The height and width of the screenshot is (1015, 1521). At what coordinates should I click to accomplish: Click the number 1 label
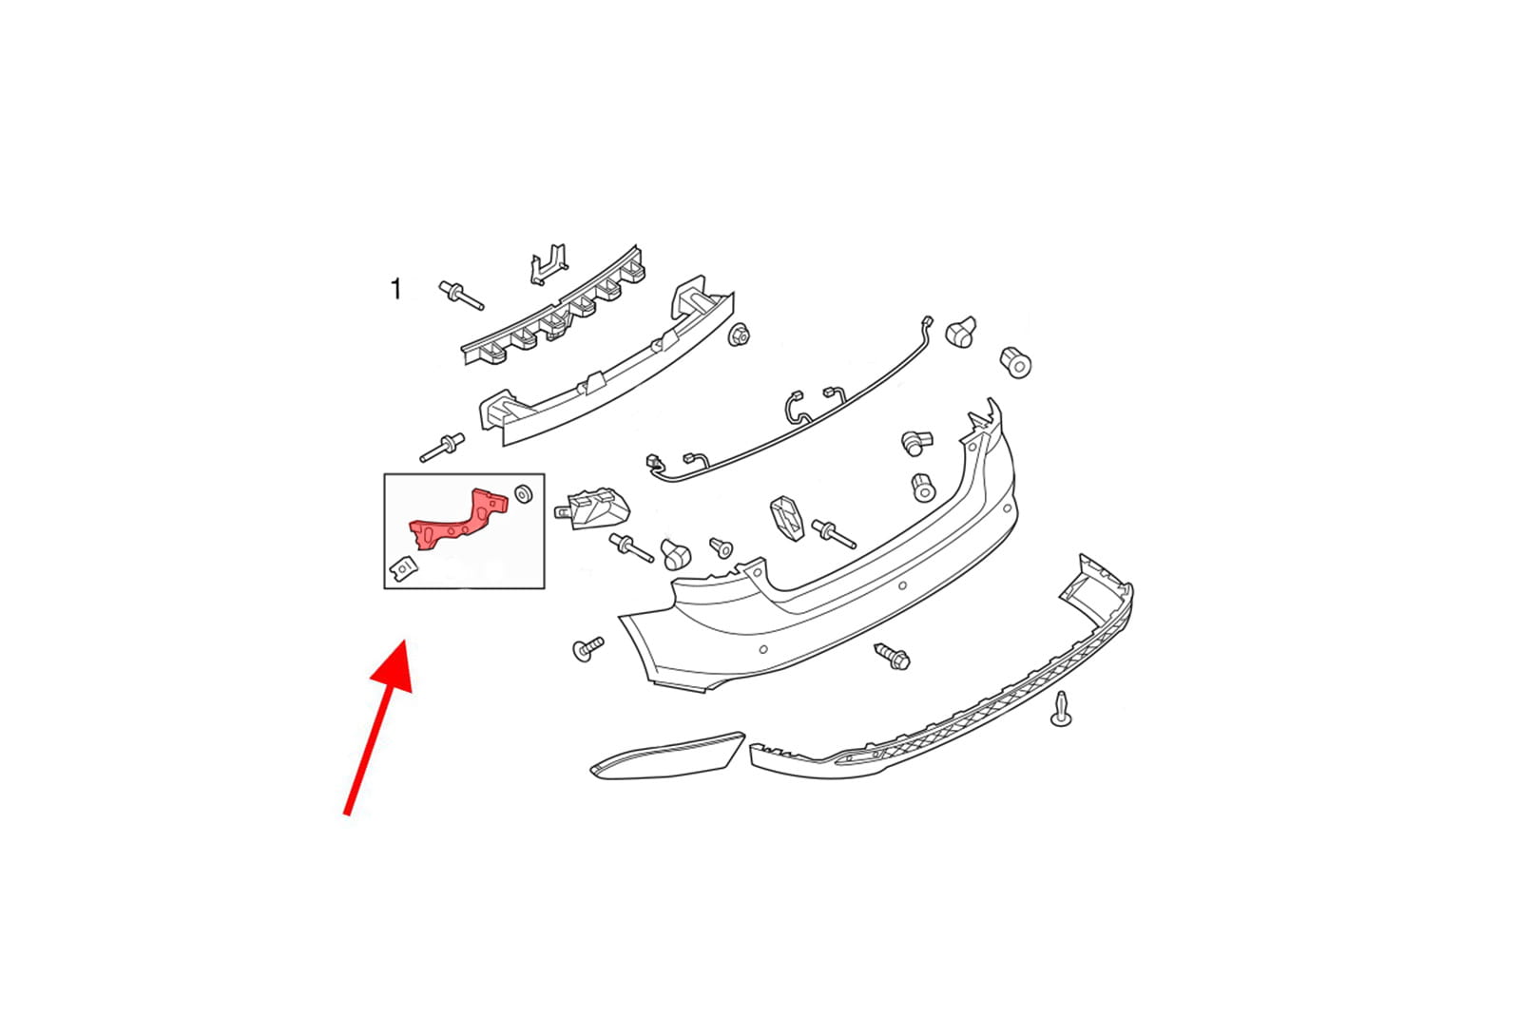[395, 289]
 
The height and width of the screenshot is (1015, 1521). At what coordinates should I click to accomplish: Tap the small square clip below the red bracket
[402, 568]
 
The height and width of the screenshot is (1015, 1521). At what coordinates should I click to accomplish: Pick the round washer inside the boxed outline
[523, 493]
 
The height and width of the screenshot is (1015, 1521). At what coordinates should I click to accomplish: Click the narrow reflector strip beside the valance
[666, 756]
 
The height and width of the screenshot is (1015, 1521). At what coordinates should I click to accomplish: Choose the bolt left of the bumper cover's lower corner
[588, 648]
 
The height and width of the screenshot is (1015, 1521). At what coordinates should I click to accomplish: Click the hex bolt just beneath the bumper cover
[893, 656]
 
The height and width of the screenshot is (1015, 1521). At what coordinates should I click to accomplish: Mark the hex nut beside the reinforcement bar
[739, 335]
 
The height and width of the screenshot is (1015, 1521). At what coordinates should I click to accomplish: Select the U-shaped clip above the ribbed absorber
[548, 264]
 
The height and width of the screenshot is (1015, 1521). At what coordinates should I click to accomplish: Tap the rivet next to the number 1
[461, 295]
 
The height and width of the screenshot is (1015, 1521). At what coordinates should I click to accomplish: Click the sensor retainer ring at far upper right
[1016, 362]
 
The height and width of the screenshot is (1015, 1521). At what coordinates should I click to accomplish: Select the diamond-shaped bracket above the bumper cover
[787, 518]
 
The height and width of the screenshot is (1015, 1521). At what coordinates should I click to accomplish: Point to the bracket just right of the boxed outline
[592, 507]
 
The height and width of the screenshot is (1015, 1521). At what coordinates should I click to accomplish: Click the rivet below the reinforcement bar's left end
[442, 447]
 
